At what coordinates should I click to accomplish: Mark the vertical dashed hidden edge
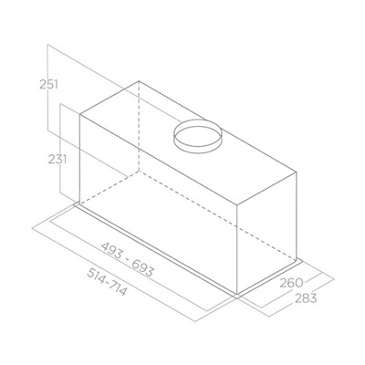(x=139, y=128)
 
